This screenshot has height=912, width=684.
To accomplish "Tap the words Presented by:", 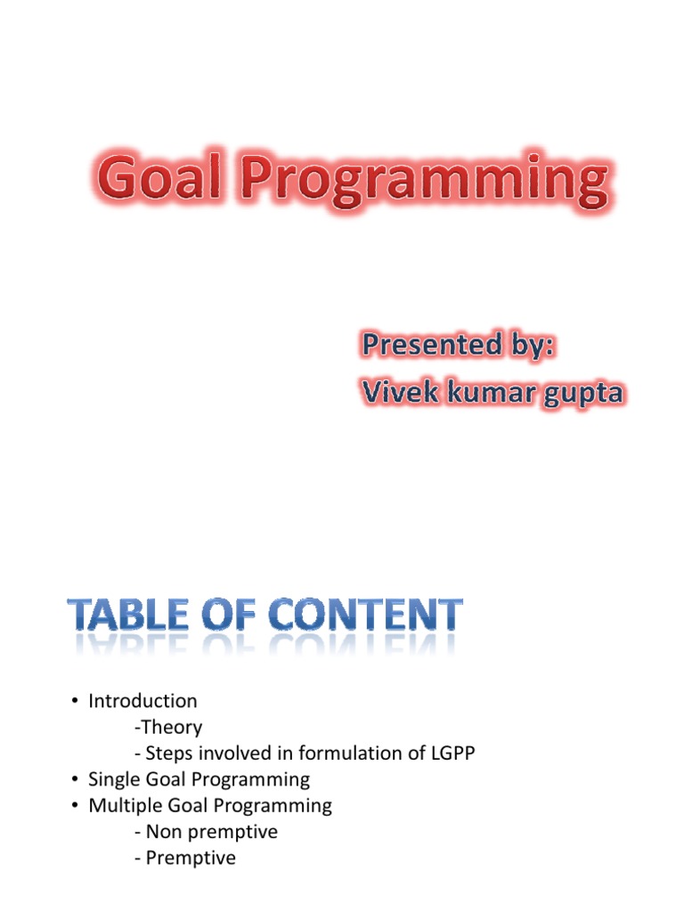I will (458, 345).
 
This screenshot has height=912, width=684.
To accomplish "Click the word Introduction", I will (142, 701).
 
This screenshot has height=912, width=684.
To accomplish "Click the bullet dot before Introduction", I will (75, 702).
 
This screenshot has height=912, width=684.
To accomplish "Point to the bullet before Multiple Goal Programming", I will (75, 807).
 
